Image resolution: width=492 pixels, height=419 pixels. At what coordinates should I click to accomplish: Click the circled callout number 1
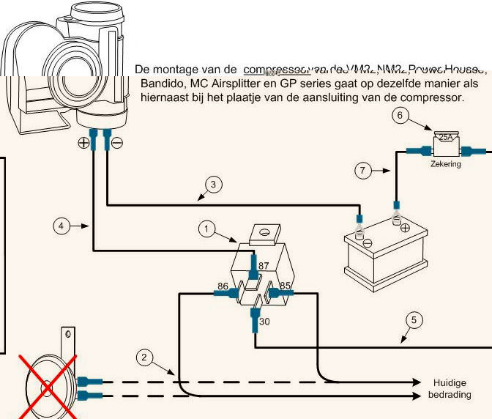207,229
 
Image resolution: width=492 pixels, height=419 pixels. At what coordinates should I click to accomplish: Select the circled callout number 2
145,357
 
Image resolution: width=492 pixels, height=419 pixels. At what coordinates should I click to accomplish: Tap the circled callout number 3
212,185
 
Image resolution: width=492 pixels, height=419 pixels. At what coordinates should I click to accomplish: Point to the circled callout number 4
63,226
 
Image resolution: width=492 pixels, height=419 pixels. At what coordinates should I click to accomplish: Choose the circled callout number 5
414,319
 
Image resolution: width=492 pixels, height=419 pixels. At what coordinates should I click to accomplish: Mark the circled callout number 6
399,115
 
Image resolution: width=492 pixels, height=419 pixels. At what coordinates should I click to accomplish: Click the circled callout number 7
364,171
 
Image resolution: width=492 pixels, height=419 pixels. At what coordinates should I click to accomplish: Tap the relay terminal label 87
264,264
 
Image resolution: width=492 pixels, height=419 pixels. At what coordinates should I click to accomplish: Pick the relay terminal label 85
286,285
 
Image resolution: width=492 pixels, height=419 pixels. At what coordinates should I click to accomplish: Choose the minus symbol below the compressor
117,143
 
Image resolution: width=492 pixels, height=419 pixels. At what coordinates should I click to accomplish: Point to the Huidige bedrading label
449,389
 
